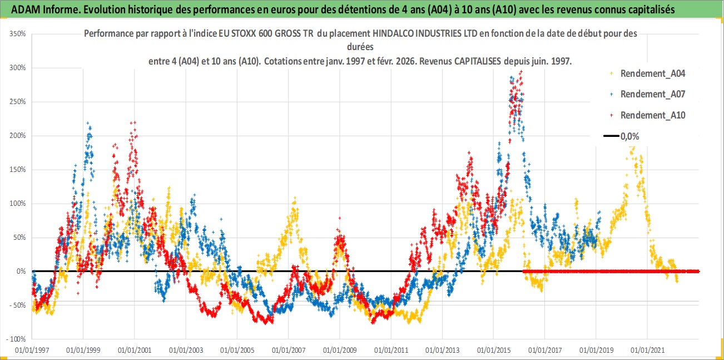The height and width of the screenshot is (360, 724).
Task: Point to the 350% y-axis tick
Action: (x=18, y=34)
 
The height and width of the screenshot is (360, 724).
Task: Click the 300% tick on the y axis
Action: (x=18, y=68)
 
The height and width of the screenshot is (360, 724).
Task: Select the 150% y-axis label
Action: (x=18, y=170)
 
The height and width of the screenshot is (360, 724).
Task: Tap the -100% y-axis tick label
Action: (x=17, y=339)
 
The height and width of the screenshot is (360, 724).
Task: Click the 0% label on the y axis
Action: (x=22, y=272)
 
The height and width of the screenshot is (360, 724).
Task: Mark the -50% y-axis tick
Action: (x=18, y=305)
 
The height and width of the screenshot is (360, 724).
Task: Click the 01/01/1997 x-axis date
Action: (x=32, y=351)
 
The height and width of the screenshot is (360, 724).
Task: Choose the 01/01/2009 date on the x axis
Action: (x=339, y=351)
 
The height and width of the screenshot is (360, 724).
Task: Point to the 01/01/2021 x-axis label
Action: (x=647, y=351)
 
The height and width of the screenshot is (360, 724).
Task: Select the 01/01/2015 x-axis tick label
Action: (x=493, y=351)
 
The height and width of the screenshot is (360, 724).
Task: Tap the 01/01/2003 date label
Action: (x=185, y=351)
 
